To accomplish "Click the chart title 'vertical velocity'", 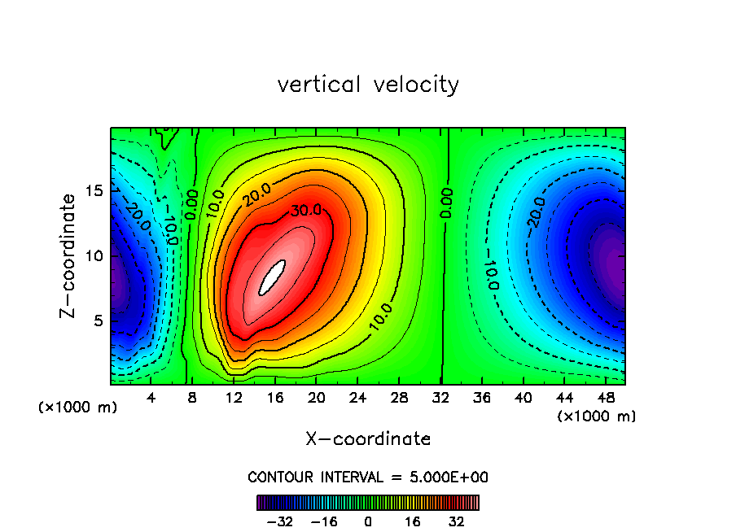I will coord(368,85).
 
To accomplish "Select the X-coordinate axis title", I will coord(368,439).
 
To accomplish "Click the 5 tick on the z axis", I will coord(98,321).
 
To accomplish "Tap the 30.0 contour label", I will coord(305,211).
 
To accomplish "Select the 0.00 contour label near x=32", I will coord(446,202).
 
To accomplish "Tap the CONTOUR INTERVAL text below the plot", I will coord(368,477).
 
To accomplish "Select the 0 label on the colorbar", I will coord(368,521).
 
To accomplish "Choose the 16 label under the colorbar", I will coord(413,521).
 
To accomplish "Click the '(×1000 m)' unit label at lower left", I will coord(77,408).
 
